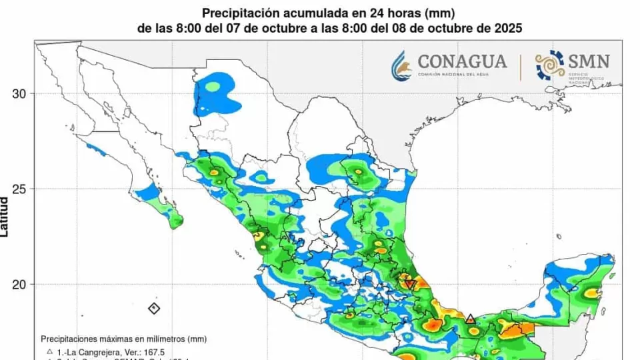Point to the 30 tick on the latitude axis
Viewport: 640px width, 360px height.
pos(20,94)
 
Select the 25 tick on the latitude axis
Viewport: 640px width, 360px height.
pos(20,189)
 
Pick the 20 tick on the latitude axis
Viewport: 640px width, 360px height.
pos(20,285)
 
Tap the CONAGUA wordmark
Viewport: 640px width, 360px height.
pos(462,61)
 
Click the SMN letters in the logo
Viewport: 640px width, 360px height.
pos(589,62)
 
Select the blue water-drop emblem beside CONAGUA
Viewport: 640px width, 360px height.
pos(403,66)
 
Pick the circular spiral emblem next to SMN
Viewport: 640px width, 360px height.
pos(550,65)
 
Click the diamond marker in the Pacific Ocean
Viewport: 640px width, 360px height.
pos(154,308)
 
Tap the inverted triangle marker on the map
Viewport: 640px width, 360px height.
pos(410,284)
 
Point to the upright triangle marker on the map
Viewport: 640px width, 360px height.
pos(471,319)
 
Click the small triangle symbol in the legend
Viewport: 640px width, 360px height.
pos(50,351)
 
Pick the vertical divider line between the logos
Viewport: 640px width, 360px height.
pos(521,66)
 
